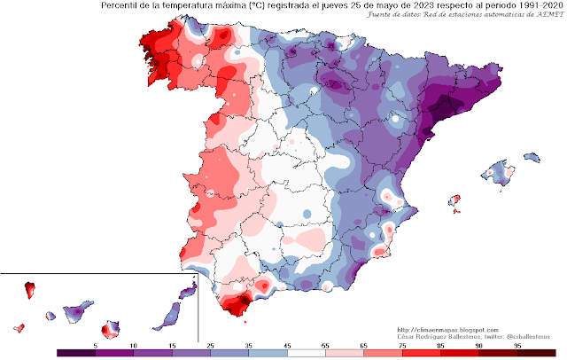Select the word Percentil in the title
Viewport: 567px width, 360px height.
click(121, 6)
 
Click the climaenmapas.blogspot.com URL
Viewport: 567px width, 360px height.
click(448, 329)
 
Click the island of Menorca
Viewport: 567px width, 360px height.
click(530, 156)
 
